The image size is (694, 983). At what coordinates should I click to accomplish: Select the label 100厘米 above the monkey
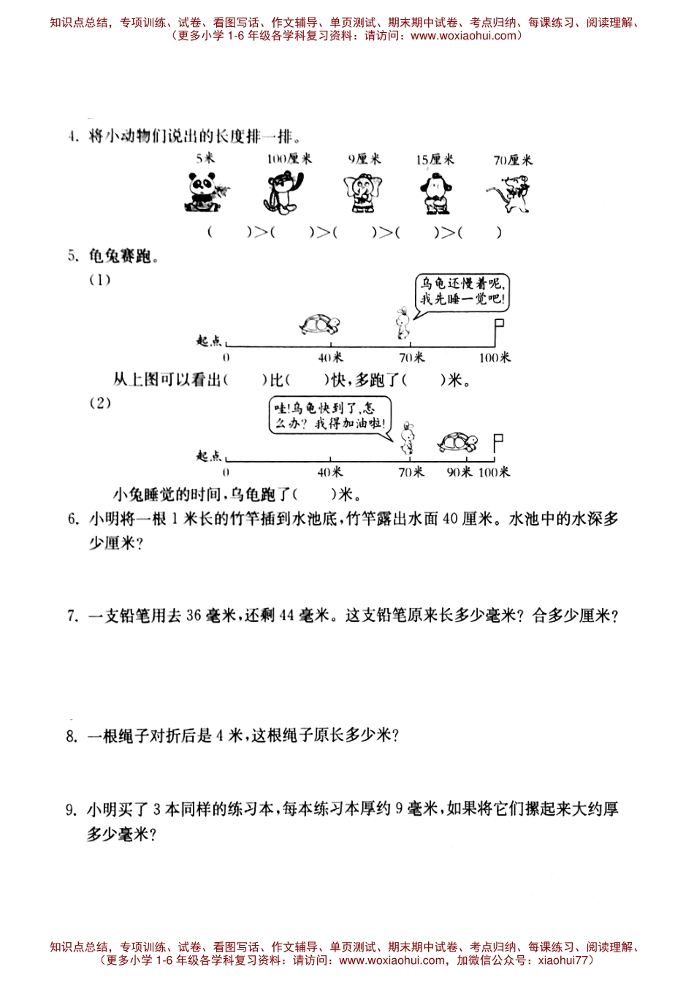tap(289, 159)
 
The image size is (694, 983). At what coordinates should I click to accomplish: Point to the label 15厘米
tap(435, 159)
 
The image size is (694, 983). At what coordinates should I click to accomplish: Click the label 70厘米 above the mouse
tap(513, 159)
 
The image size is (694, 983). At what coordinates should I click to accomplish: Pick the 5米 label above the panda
tap(205, 159)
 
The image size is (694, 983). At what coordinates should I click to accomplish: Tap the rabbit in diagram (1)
tap(401, 323)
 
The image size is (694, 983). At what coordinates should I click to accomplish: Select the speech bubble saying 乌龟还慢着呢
tap(462, 292)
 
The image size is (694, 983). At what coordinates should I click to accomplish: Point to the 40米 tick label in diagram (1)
tap(330, 357)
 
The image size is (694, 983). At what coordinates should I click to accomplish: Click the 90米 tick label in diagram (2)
tap(460, 472)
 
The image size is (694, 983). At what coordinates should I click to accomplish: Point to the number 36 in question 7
tap(194, 615)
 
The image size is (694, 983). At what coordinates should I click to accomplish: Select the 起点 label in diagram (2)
tap(209, 456)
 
